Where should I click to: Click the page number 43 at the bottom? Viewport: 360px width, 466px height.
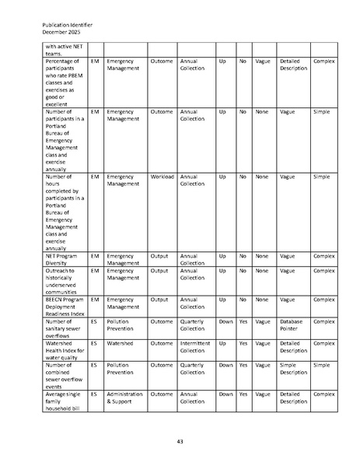coord(180,442)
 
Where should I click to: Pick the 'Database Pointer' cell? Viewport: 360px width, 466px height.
coord(292,324)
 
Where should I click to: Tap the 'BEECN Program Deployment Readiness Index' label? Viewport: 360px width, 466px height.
coord(65,303)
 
